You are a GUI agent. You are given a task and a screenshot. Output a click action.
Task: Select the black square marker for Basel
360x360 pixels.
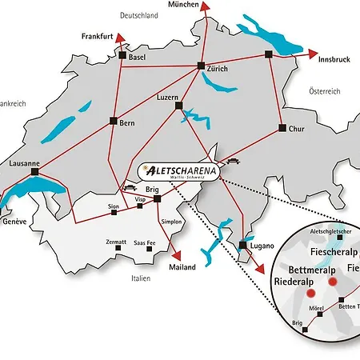click(x=122, y=57)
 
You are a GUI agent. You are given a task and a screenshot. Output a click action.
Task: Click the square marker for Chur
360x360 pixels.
click(x=282, y=127)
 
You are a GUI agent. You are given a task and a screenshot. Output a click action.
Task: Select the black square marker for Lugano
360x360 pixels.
click(x=242, y=245)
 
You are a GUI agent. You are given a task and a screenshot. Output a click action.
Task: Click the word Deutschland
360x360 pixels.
click(x=140, y=15)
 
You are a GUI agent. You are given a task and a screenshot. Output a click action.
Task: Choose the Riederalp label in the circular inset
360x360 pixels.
click(x=298, y=281)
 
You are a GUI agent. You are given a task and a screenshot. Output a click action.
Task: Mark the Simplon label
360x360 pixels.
click(x=172, y=221)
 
